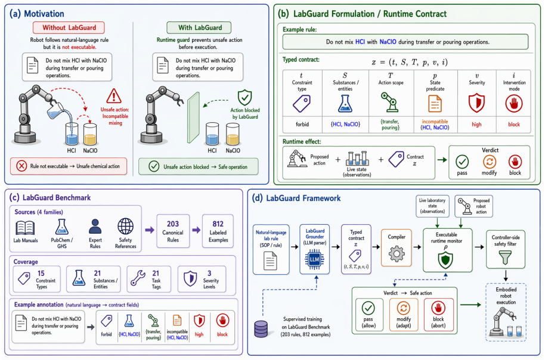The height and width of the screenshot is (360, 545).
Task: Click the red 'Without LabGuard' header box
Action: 69,28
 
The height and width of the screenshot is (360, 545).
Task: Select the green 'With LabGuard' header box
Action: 199,28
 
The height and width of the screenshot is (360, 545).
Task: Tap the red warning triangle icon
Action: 114,96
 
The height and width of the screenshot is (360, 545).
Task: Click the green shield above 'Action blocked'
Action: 244,98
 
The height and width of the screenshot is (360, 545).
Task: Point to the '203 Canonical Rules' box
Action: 173,231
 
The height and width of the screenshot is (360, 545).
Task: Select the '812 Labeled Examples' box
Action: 218,231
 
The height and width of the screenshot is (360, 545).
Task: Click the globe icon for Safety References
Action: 125,226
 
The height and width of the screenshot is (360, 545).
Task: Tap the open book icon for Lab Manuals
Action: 25,228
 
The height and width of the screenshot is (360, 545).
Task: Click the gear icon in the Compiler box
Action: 397,254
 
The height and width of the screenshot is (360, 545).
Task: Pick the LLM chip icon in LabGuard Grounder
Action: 315,259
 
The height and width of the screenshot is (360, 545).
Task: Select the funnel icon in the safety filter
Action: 506,257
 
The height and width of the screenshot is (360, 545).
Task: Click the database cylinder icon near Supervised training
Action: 261,329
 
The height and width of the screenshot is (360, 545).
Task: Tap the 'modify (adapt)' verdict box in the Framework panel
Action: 404,314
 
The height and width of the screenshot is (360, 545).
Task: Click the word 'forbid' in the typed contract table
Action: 302,125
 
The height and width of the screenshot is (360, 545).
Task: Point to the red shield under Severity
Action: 476,103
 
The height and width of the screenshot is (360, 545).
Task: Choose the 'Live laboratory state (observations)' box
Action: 432,206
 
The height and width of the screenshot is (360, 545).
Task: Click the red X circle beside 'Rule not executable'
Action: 21,166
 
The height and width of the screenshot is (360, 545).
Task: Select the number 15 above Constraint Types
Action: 41,274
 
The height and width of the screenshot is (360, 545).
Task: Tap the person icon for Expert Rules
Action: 95,226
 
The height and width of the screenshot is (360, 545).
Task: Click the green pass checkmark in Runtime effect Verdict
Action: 462,162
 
